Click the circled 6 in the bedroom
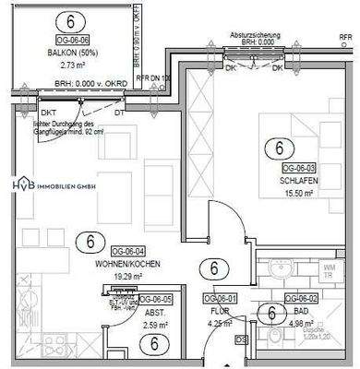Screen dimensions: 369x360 [275, 147]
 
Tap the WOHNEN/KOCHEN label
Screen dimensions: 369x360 [133, 263]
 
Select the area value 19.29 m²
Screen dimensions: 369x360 [133, 275]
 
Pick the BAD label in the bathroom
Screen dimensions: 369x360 [297, 311]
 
